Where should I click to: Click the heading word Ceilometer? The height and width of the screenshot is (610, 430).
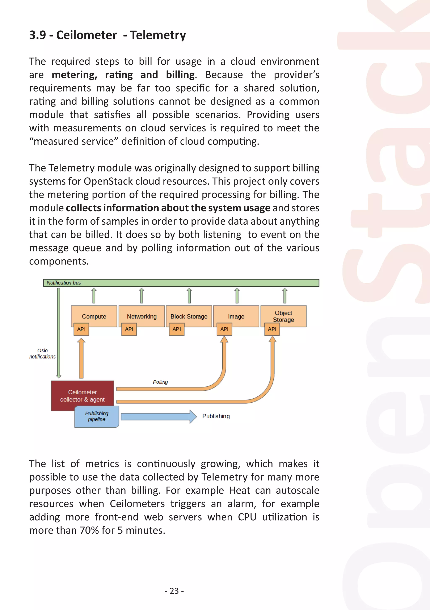tap(86, 35)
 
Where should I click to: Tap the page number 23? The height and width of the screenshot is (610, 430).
tap(174, 591)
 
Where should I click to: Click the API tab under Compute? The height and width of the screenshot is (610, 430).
tap(81, 329)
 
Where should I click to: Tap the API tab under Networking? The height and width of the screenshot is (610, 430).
tap(129, 329)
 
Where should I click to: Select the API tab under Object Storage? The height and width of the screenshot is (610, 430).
tap(272, 329)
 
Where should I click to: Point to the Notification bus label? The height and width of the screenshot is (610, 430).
tap(64, 283)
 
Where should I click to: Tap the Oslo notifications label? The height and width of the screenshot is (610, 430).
tap(43, 354)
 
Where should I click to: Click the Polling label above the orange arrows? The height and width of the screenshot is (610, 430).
tap(160, 382)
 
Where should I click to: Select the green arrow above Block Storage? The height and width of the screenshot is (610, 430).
tap(189, 295)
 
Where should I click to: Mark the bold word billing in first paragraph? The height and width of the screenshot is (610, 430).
tap(180, 75)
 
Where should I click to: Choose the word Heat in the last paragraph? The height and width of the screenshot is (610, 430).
tap(239, 490)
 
